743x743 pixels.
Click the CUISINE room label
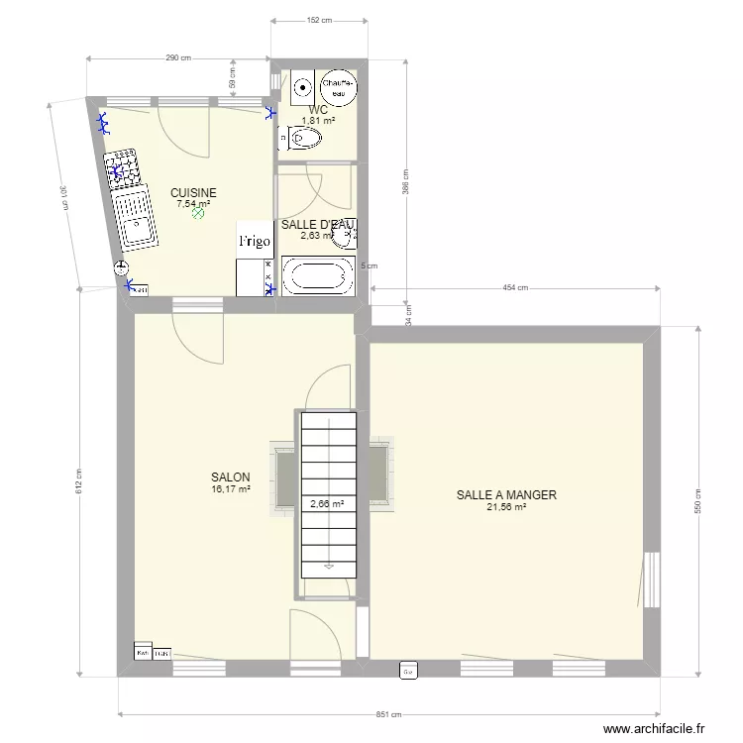[x=193, y=193]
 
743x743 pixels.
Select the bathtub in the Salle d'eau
[x=318, y=276]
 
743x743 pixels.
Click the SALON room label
[x=230, y=477]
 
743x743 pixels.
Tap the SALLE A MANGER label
[x=506, y=495]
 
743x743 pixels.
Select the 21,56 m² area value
[x=506, y=507]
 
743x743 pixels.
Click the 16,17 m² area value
[x=230, y=488]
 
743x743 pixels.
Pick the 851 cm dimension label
[x=389, y=714]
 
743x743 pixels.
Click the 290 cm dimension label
[x=177, y=58]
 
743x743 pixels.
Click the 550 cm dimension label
[x=697, y=502]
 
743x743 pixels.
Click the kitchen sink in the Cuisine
[x=134, y=223]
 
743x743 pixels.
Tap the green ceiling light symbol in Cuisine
[x=198, y=211]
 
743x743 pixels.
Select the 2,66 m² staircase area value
[x=327, y=503]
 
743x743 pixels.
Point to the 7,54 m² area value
[x=193, y=204]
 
